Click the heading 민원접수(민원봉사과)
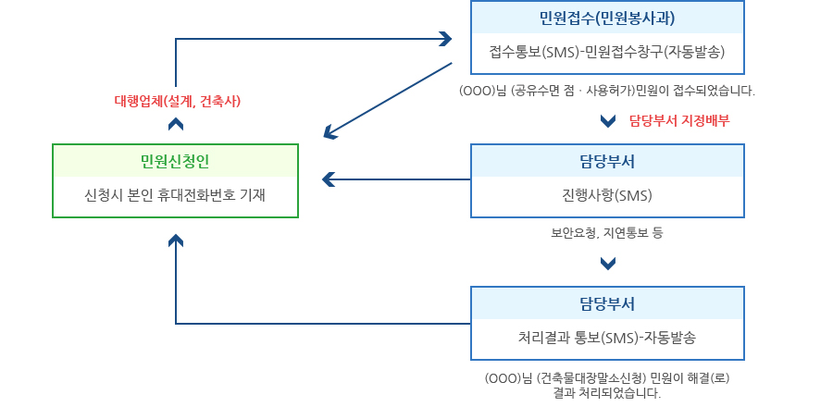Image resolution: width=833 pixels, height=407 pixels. pyautogui.click(x=607, y=18)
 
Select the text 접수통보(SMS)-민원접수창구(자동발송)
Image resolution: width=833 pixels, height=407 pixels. pyautogui.click(x=607, y=52)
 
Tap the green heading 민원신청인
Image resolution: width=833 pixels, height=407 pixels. pyautogui.click(x=175, y=161)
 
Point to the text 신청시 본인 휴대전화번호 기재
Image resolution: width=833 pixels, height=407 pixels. pyautogui.click(x=175, y=195)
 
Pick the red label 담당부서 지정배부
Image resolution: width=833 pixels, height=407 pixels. pyautogui.click(x=678, y=119)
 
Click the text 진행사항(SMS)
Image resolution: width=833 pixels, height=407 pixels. pyautogui.click(x=607, y=195)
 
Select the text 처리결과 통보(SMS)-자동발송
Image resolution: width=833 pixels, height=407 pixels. pyautogui.click(x=607, y=338)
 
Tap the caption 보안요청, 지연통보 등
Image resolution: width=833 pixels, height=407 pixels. pyautogui.click(x=607, y=233)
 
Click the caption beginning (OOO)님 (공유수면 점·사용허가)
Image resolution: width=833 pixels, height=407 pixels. pyautogui.click(x=607, y=91)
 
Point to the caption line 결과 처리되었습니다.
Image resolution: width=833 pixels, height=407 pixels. pyautogui.click(x=607, y=393)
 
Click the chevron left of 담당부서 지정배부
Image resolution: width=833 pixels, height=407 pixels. pyautogui.click(x=608, y=120)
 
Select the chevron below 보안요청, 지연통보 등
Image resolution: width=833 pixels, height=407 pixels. pyautogui.click(x=608, y=264)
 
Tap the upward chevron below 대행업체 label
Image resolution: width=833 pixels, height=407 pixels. pyautogui.click(x=176, y=126)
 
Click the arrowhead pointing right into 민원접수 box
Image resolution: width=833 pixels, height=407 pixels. pyautogui.click(x=445, y=39)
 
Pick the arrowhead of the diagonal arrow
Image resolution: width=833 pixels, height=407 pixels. pyautogui.click(x=330, y=134)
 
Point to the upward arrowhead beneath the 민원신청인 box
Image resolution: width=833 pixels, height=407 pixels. pyautogui.click(x=176, y=240)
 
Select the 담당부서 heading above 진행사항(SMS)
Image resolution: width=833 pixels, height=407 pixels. pyautogui.click(x=607, y=161)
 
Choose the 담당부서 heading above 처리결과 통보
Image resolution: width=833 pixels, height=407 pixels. pyautogui.click(x=607, y=303)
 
